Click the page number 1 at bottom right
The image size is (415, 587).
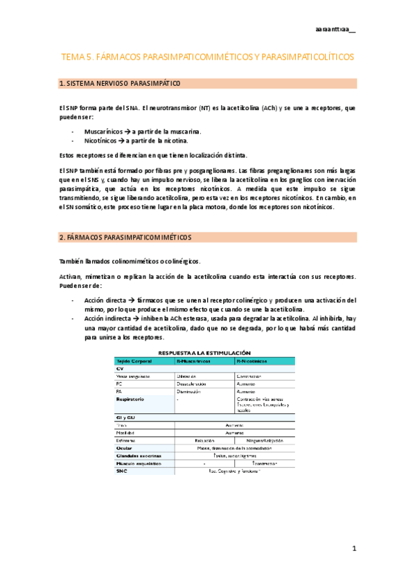(x=353, y=549)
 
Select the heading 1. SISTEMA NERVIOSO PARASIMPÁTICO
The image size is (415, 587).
(x=120, y=84)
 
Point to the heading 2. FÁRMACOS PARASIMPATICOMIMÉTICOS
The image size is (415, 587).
(x=126, y=237)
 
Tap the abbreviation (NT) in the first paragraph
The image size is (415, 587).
(x=204, y=108)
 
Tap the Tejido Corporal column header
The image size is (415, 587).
(x=135, y=361)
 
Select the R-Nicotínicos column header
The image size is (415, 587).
(x=254, y=361)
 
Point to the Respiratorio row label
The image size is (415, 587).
(x=130, y=399)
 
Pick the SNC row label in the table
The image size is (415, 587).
(x=122, y=471)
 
